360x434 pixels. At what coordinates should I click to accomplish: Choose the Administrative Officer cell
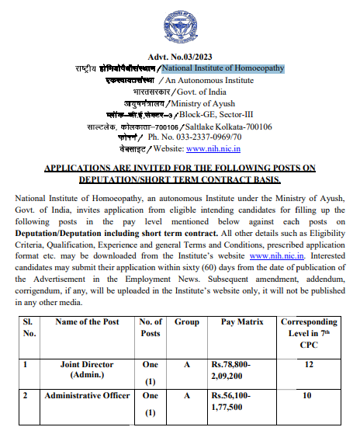pos(87,396)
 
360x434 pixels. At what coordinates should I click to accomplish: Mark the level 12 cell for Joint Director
pos(310,363)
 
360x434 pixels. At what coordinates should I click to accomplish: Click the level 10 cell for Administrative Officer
pos(310,396)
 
